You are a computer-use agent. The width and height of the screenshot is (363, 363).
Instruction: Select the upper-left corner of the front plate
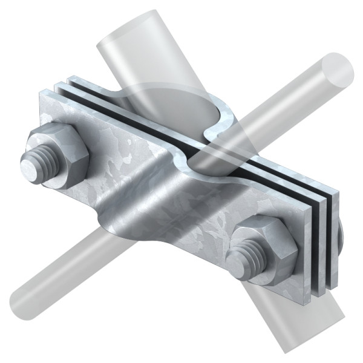pos(41,92)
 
